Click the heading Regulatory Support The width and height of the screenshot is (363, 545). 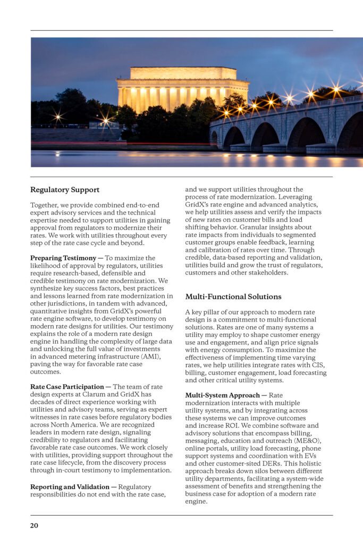[65, 190]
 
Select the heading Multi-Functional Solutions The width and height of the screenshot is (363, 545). [233, 296]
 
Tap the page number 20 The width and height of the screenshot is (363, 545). [34, 525]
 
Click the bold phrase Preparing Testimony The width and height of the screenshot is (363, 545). [63, 258]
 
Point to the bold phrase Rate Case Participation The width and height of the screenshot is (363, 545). [67, 386]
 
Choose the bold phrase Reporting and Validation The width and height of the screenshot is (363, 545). [67, 487]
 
